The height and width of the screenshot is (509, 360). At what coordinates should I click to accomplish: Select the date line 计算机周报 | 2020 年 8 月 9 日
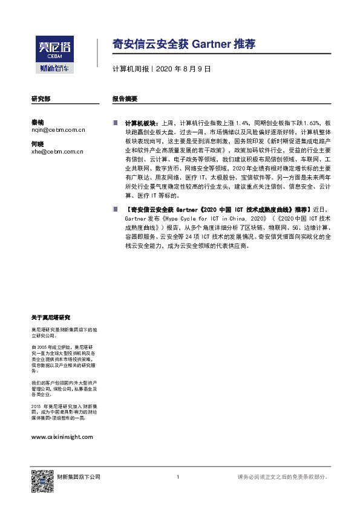162,70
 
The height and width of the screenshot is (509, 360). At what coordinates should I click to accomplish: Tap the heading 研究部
41,98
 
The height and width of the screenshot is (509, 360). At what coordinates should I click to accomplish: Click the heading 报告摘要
125,98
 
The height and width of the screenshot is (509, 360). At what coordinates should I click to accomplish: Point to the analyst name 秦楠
38,122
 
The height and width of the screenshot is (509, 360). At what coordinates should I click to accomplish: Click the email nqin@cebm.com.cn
57,129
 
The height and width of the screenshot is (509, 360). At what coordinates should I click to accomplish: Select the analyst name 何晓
38,144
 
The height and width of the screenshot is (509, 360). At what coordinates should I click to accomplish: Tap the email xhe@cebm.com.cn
57,152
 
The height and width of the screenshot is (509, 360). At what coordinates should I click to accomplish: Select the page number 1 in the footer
178,478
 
